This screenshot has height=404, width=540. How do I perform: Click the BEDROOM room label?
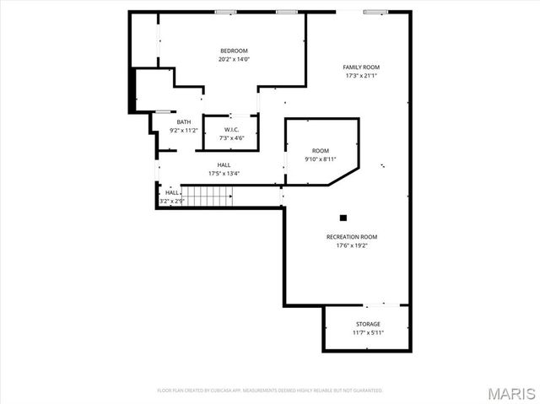(x=234, y=51)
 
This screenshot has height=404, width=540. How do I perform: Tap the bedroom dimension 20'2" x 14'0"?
(x=234, y=59)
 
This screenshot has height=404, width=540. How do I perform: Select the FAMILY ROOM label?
(x=360, y=67)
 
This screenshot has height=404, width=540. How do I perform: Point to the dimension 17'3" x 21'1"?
(x=360, y=75)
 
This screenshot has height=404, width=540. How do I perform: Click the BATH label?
(x=183, y=122)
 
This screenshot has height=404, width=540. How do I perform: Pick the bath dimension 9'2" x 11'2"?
(x=183, y=131)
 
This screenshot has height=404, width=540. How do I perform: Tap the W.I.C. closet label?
(x=231, y=129)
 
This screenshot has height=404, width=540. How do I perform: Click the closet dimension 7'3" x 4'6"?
(x=231, y=137)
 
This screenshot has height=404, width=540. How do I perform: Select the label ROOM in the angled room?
(x=320, y=150)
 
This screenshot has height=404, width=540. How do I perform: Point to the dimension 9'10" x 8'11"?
(x=320, y=159)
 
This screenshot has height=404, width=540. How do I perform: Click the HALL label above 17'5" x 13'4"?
(x=224, y=165)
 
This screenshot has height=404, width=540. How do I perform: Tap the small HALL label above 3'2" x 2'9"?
(x=172, y=192)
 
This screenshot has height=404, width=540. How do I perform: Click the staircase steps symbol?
(x=208, y=197)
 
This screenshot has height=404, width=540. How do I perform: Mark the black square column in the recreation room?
(x=343, y=216)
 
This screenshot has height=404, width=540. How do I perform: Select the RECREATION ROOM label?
(x=352, y=237)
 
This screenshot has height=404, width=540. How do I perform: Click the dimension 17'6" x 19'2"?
(x=352, y=245)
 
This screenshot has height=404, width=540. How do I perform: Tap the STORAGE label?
(x=367, y=324)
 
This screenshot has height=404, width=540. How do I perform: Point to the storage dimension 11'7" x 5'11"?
(x=367, y=332)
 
